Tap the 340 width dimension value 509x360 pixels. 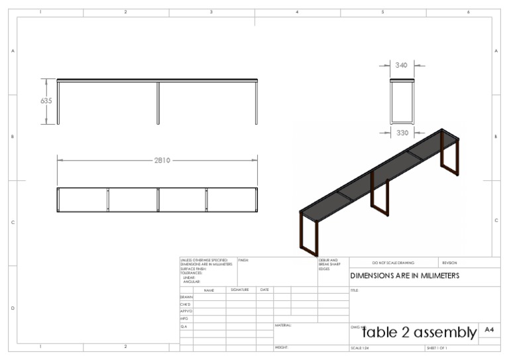[402, 66]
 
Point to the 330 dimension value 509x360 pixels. [402, 133]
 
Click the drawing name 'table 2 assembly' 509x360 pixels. [420, 332]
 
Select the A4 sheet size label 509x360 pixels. [489, 330]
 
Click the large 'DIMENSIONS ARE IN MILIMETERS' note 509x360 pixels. [404, 276]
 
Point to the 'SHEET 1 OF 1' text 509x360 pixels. [437, 348]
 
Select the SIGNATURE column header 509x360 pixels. [240, 290]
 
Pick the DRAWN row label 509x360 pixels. [186, 297]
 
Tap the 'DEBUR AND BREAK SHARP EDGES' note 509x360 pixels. [329, 265]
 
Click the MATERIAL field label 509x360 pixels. [283, 326]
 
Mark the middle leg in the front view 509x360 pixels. [158, 103]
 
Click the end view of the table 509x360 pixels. [402, 101]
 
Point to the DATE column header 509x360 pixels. [264, 290]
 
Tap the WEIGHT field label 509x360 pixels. [282, 347]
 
